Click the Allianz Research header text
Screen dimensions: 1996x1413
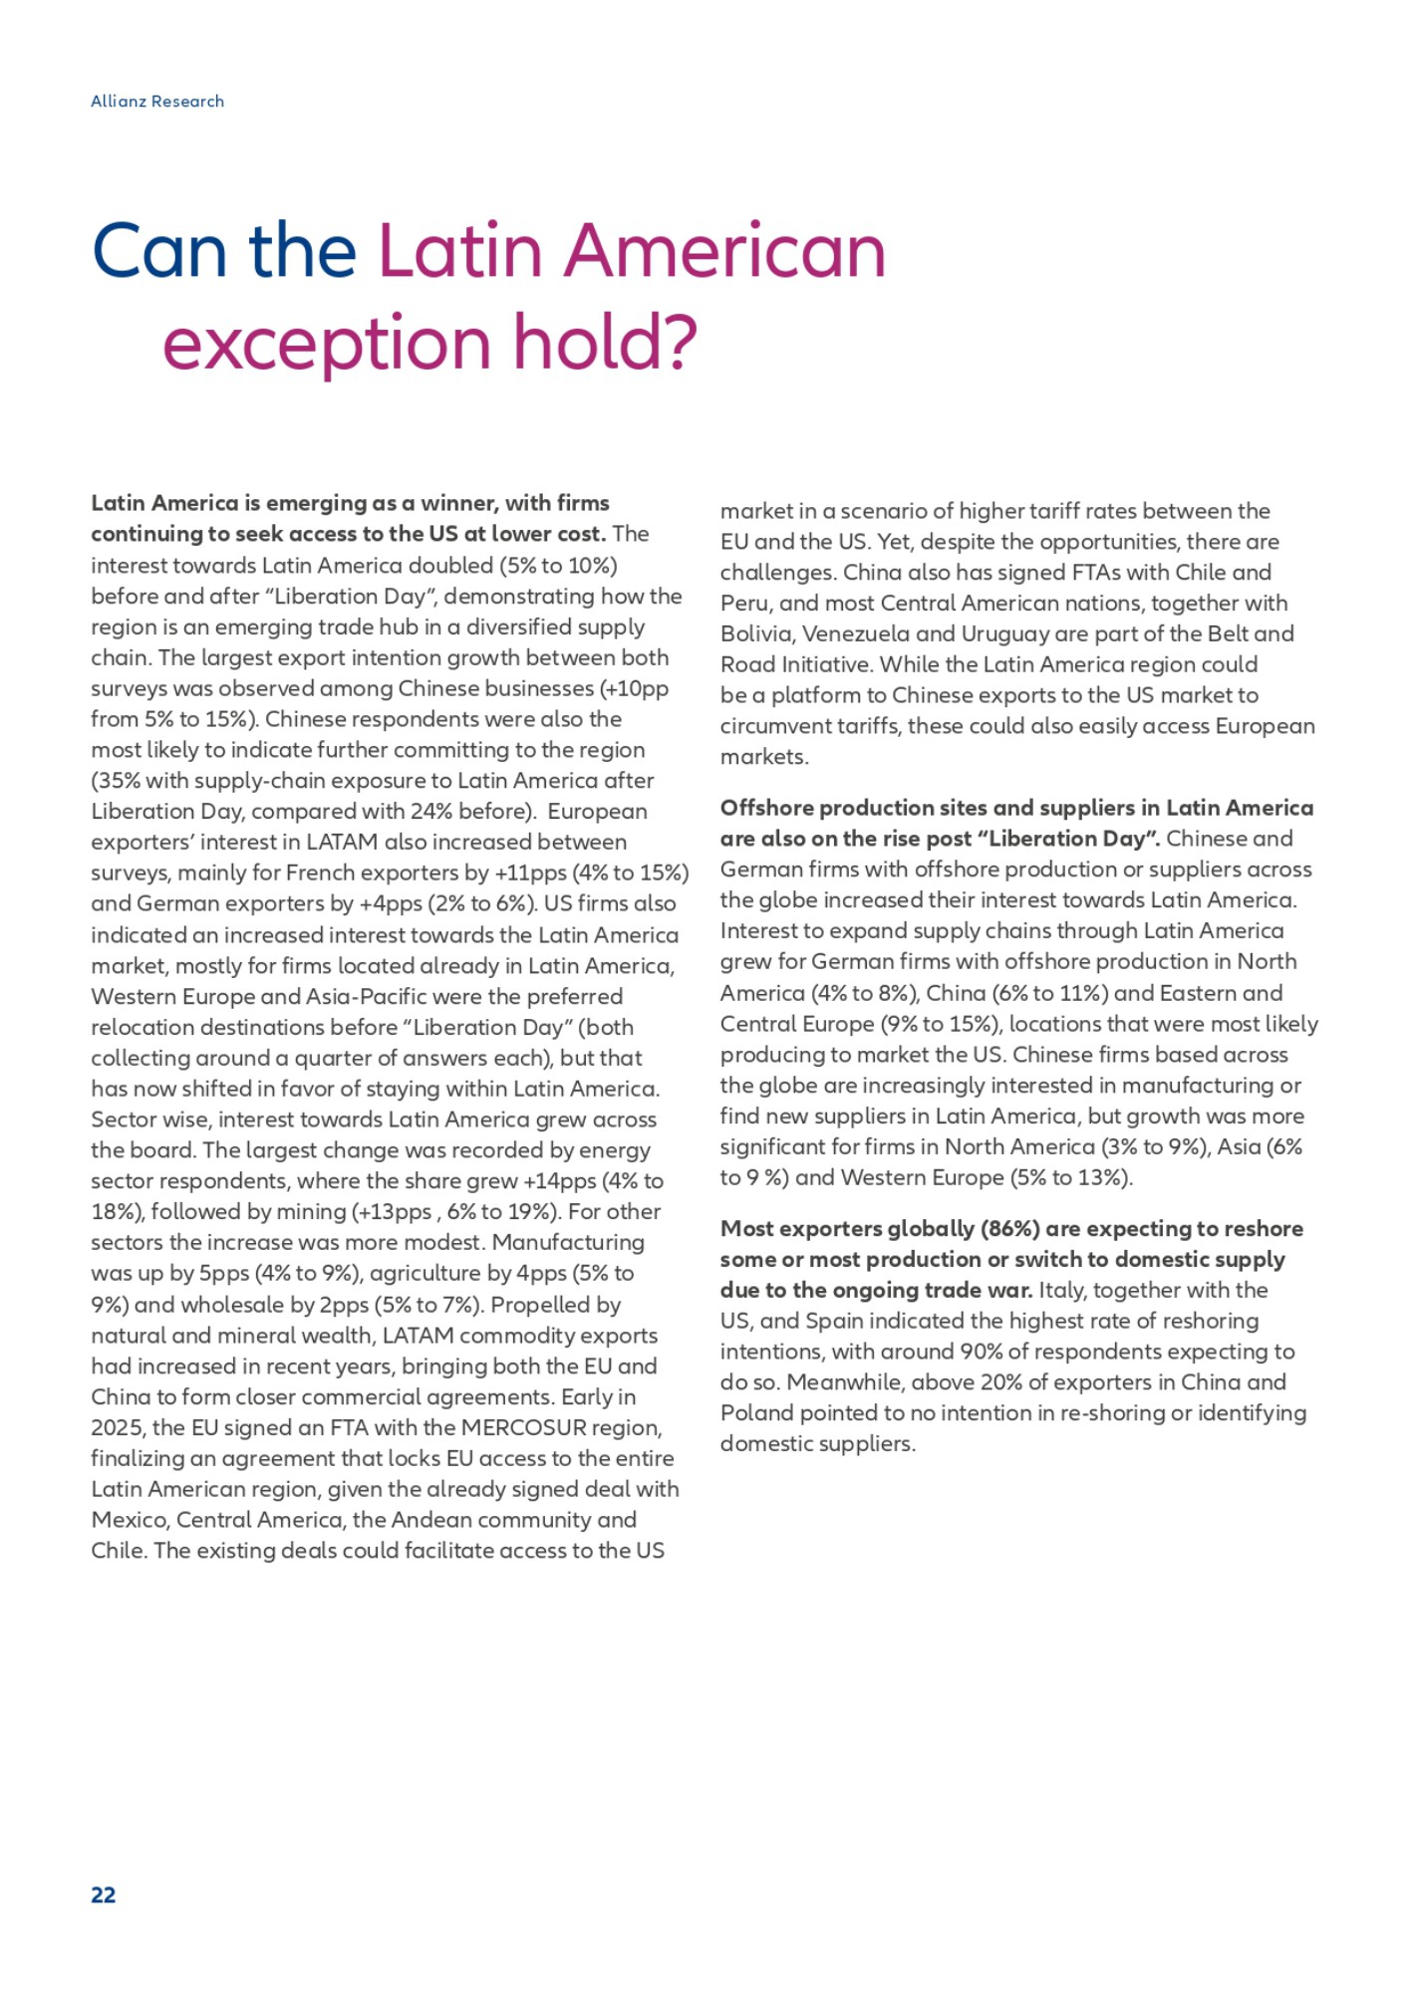(x=157, y=102)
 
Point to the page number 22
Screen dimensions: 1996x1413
(x=104, y=1894)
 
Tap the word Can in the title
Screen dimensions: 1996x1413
(x=158, y=251)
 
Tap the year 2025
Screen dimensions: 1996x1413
(x=118, y=1427)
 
